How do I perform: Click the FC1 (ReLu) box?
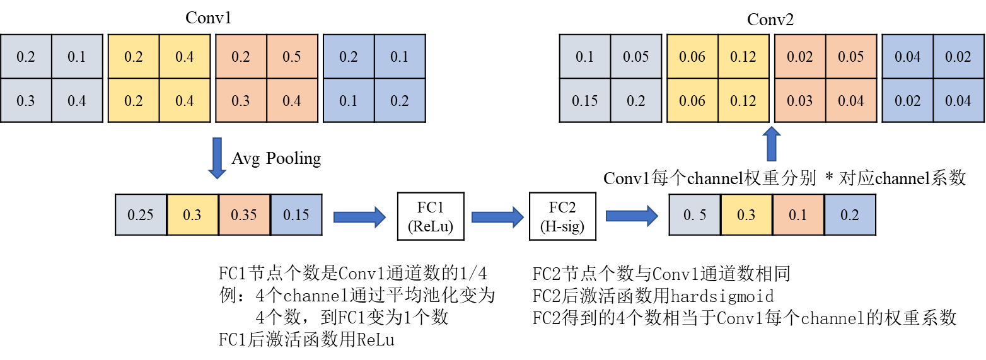431,216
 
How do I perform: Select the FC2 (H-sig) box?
562,216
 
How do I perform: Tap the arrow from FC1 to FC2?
497,217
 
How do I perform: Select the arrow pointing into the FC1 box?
359,217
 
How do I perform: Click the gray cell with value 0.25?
141,215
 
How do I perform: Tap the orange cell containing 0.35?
244,215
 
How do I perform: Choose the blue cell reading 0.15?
296,215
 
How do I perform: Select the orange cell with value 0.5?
292,57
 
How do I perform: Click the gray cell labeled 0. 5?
695,215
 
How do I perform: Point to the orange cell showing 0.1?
797,215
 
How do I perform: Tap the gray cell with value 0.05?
635,57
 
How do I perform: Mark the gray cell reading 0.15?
585,100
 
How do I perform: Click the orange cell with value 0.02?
800,57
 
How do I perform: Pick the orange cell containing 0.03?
800,100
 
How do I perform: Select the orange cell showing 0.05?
851,57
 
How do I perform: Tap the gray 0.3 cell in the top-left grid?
26,100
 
